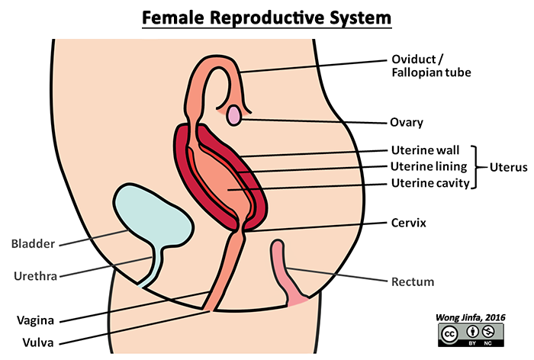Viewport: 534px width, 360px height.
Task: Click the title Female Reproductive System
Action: (x=266, y=17)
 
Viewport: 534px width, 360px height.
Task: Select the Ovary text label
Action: (x=407, y=121)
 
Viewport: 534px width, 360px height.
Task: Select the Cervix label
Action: (x=407, y=223)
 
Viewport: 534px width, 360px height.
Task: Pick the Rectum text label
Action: (x=412, y=281)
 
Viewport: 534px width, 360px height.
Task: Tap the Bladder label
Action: (x=33, y=244)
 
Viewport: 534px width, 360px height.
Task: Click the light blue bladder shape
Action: (x=153, y=214)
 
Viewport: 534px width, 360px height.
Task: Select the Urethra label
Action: (x=33, y=273)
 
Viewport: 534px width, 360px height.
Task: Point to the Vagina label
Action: (x=31, y=320)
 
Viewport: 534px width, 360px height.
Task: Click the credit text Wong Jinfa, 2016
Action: (x=471, y=317)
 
